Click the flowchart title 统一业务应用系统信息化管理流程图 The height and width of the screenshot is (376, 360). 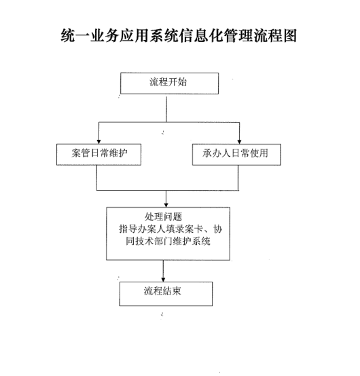pos(179,35)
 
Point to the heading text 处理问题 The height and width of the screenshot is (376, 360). pos(163,217)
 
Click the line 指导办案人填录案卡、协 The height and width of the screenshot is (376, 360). pos(170,229)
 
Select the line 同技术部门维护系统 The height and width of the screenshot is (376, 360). pos(168,241)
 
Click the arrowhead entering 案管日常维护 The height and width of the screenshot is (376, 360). pos(98,141)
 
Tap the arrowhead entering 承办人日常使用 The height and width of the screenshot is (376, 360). pos(239,141)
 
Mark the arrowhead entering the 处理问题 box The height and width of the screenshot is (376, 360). pos(166,205)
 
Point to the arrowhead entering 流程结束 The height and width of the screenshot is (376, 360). pos(163,280)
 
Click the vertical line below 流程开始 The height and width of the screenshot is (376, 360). pos(166,109)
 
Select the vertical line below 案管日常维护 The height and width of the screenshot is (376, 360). pos(96,178)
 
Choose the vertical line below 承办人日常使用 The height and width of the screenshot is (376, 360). pos(238,178)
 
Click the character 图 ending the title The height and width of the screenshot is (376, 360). pos(290,35)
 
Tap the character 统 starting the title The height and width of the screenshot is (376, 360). pos(68,35)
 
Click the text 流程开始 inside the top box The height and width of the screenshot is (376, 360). pos(168,82)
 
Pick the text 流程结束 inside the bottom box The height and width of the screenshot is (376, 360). pos(162,291)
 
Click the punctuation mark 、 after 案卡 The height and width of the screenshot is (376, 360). pos(208,231)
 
